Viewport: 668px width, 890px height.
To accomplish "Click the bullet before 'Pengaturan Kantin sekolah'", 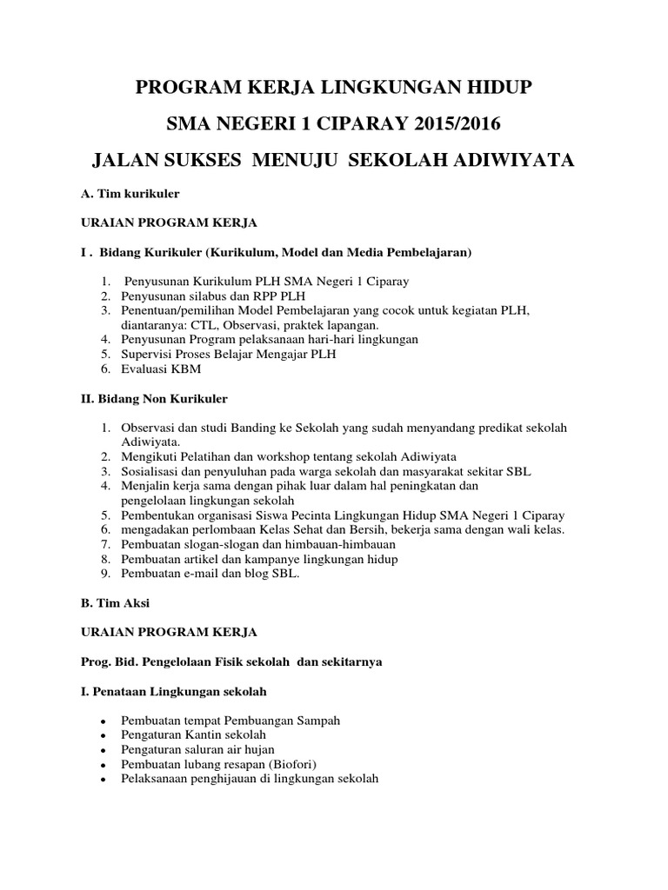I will click(x=103, y=736).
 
